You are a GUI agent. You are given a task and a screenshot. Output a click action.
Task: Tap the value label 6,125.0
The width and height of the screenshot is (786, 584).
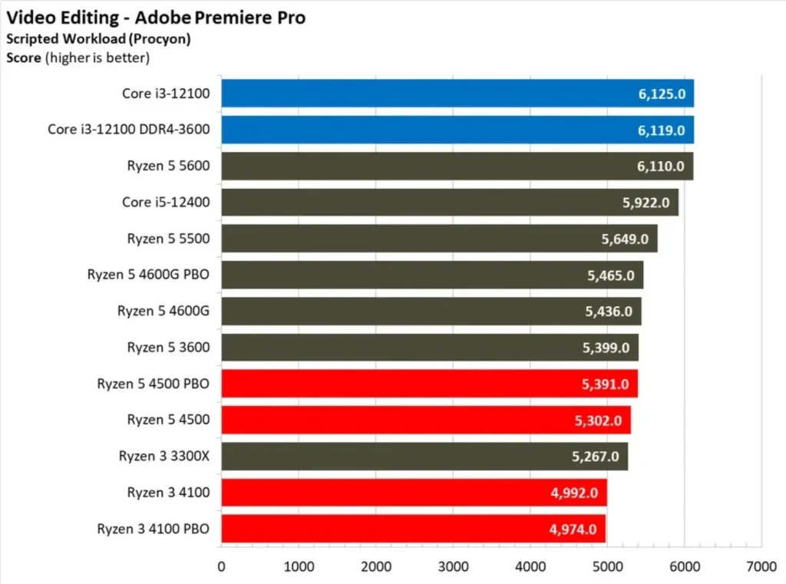coord(661,94)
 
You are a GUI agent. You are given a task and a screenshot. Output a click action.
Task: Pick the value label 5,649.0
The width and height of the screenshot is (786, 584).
coord(624,239)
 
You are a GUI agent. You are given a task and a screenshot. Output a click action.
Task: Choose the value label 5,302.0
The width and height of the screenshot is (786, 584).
coord(598,420)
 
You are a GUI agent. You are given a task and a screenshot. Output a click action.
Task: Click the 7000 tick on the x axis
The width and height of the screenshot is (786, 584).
coord(761,567)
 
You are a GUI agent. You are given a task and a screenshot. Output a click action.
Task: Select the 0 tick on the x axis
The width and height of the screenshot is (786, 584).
coord(221,567)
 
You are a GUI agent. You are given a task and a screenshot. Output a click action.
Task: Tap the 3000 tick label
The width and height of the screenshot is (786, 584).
coord(453,567)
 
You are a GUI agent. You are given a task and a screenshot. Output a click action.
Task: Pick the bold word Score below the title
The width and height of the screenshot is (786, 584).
coord(21,57)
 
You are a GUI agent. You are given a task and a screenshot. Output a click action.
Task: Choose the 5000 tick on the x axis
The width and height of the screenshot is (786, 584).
coord(607,567)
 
